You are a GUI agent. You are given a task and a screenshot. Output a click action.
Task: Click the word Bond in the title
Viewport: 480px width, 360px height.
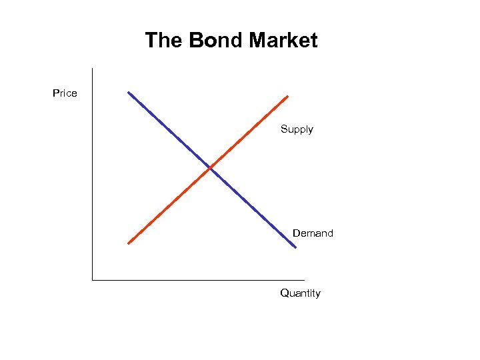tap(215, 41)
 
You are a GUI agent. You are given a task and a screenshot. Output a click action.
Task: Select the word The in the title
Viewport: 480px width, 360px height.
tap(164, 41)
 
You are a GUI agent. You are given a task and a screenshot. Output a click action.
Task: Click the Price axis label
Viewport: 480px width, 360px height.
tap(65, 93)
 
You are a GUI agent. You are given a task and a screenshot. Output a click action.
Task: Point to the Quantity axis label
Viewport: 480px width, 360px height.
tap(300, 293)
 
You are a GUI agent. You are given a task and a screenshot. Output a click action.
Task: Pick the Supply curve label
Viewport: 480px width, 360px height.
tap(297, 129)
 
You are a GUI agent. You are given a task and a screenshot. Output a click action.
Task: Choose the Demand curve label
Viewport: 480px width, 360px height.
tap(313, 233)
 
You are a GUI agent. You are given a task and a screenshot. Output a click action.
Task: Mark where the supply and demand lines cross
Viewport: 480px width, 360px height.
tap(210, 167)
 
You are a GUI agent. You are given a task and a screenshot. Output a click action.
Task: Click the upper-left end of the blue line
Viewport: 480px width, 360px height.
tap(129, 92)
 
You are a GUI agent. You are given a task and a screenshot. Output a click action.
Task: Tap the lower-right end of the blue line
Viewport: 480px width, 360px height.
tap(295, 248)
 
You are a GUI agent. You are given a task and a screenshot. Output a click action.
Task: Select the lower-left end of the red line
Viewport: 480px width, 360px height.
tap(129, 243)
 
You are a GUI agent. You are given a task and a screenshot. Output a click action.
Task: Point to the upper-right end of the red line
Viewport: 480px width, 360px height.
tap(287, 96)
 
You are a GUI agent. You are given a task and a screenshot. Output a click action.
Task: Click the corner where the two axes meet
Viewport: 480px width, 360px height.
tap(93, 280)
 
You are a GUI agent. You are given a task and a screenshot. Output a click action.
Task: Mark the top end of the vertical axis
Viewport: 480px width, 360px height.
tap(93, 69)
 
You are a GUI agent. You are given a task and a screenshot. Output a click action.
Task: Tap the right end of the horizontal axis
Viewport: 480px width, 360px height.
tap(304, 280)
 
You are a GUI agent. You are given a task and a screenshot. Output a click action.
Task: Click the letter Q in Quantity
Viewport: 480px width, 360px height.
tap(285, 293)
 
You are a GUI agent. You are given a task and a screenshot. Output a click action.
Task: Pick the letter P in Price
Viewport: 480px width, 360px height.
tap(56, 93)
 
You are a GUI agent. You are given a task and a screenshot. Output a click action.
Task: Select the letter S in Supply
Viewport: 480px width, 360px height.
tap(283, 129)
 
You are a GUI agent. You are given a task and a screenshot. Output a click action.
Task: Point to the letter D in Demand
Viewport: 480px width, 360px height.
tap(296, 233)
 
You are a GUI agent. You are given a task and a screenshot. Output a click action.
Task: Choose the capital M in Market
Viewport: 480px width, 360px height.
tap(257, 41)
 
